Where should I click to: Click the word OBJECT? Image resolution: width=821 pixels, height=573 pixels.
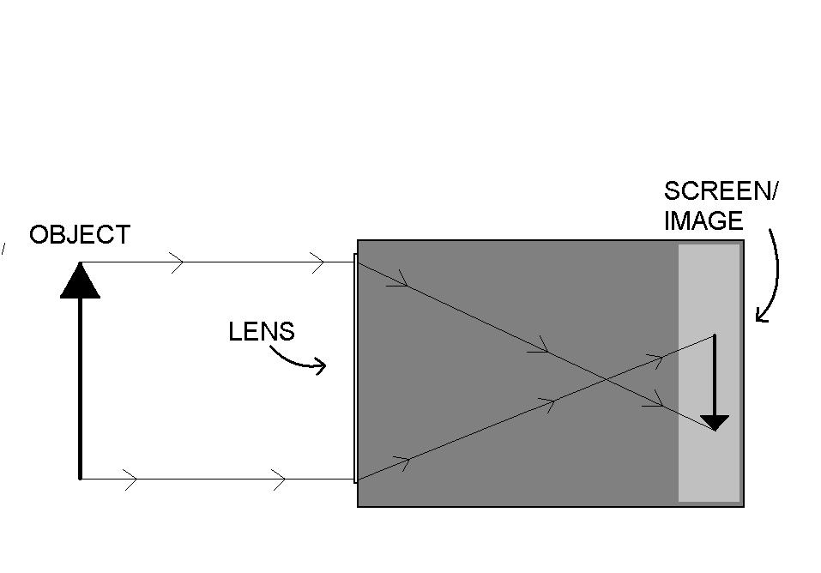pos(80,235)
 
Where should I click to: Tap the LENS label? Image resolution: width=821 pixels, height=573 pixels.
pos(262,332)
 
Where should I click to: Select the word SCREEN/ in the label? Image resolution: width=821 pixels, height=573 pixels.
pos(721,190)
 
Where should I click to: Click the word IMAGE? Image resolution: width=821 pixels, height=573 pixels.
pos(703,220)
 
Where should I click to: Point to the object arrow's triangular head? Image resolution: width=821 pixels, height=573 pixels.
pos(80,280)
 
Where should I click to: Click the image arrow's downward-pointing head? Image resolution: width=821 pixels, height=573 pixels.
pos(715,423)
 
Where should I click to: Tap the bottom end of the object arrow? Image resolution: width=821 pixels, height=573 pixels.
pos(80,478)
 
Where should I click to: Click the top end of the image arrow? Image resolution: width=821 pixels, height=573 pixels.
pos(715,335)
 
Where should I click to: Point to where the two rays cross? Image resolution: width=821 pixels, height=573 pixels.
pos(606,378)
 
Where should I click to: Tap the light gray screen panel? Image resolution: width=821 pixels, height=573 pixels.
pos(709,373)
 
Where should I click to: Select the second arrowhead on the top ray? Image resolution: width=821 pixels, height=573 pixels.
pos(317,262)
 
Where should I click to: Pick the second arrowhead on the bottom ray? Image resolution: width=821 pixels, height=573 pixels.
pos(279,480)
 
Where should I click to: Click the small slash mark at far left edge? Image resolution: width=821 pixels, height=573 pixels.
pos(3,248)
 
